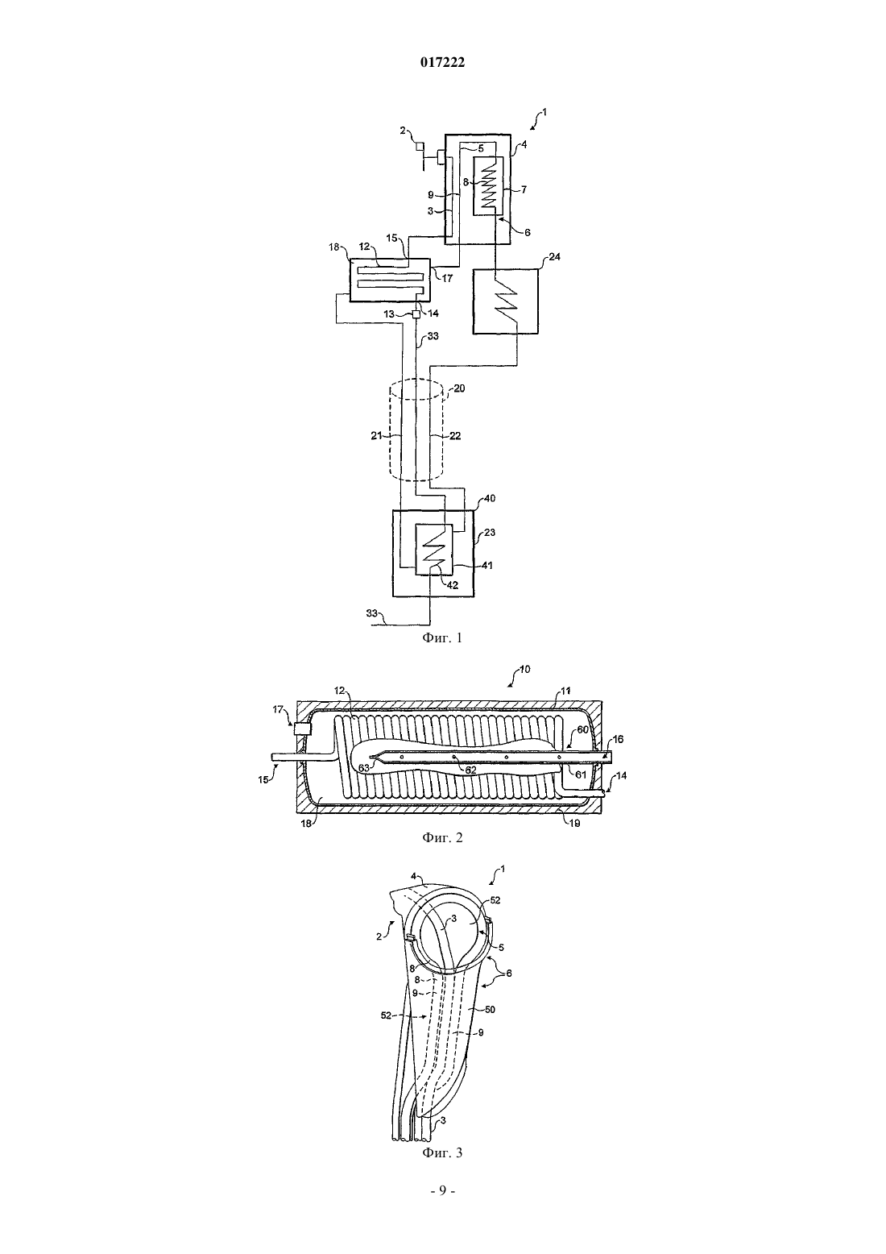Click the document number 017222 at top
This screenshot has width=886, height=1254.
point(442,63)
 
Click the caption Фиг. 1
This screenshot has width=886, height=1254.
point(442,637)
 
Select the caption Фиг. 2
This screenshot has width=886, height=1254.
point(442,837)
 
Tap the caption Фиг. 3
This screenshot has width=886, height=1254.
point(442,1152)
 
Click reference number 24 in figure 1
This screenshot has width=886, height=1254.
point(554,257)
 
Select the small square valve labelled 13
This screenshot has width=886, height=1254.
point(416,314)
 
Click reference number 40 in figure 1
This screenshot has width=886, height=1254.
point(490,498)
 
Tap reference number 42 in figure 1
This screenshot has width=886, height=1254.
point(452,585)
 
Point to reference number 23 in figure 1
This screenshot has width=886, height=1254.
point(489,533)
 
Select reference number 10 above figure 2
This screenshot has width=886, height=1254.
point(524,669)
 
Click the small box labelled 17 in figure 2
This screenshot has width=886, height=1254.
point(303,729)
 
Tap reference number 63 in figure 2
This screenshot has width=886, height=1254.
point(364,768)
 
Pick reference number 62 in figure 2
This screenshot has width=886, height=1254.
point(470,770)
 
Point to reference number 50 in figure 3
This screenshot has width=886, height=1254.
point(490,1009)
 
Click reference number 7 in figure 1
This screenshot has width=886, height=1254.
point(524,189)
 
